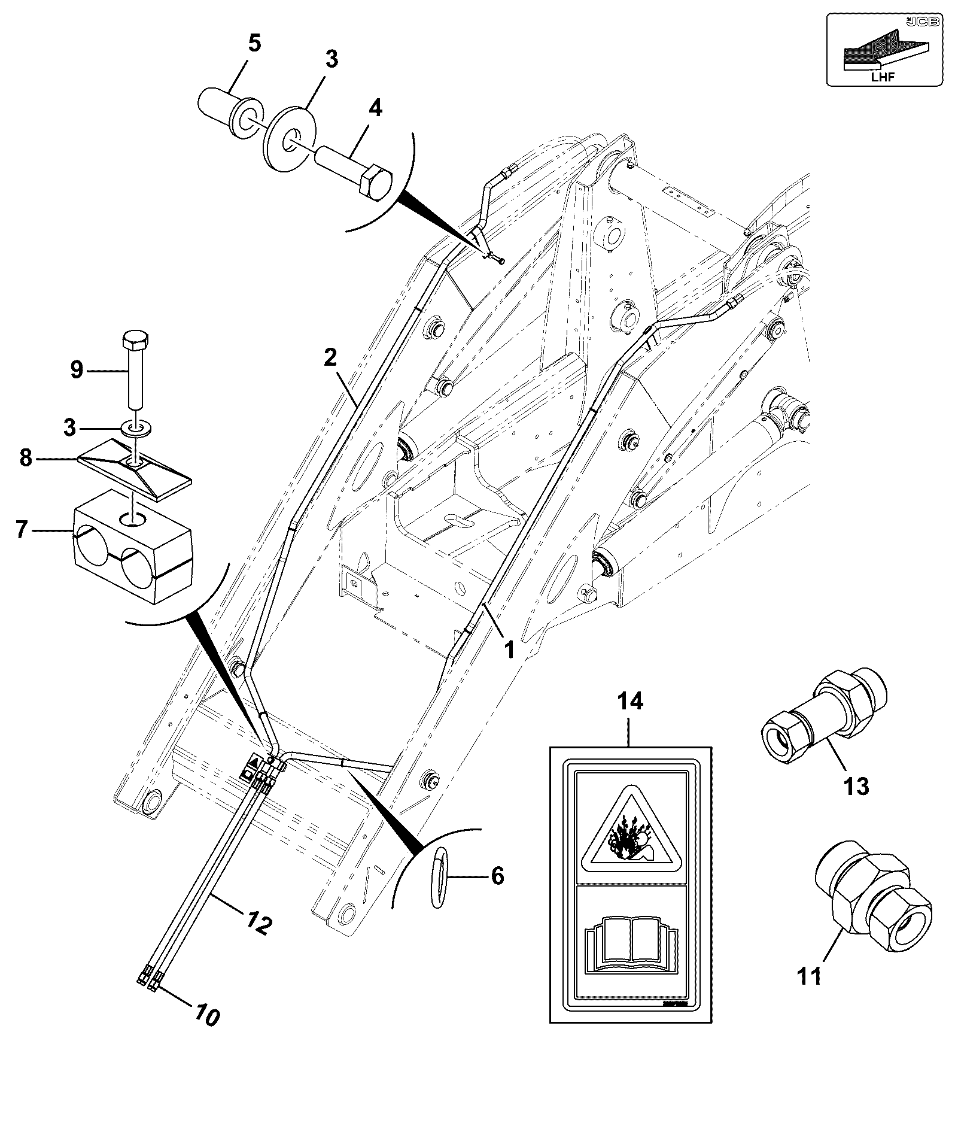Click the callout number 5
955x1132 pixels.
click(254, 44)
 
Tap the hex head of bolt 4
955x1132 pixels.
click(375, 181)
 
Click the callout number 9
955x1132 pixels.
click(77, 370)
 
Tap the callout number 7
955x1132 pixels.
click(22, 530)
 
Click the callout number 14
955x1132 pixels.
click(631, 700)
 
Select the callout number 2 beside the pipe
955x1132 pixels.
click(330, 357)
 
